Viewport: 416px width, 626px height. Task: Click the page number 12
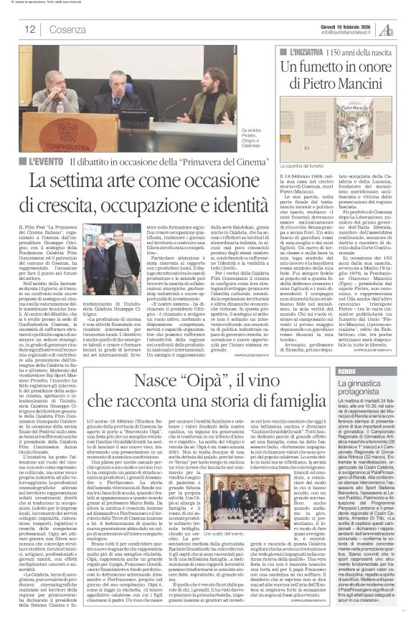31,29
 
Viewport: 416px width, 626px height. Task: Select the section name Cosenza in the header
68,29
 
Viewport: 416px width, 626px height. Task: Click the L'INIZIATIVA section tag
306,53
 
